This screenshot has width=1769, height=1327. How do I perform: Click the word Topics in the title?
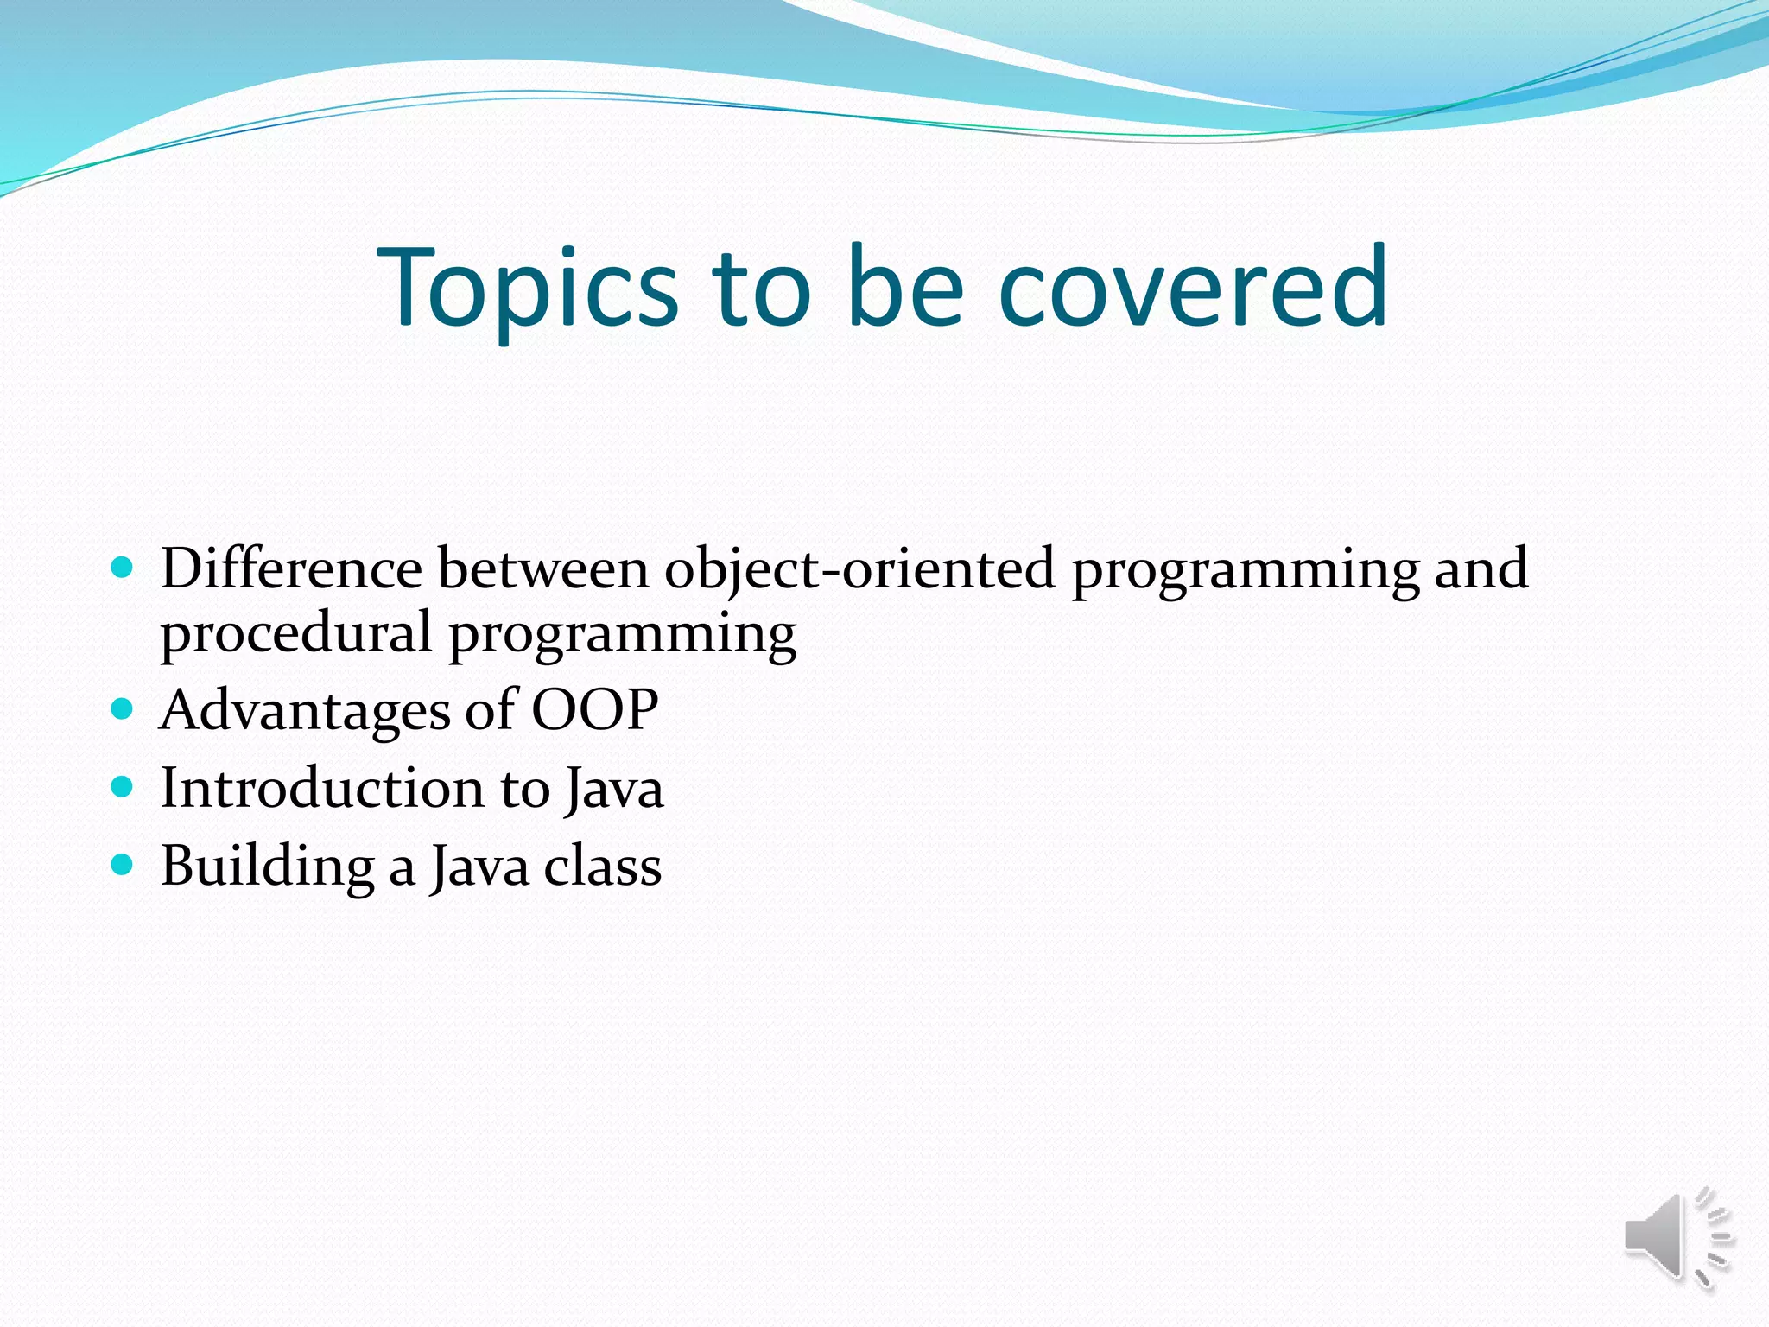click(528, 289)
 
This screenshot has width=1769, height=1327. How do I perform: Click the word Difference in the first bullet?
click(291, 569)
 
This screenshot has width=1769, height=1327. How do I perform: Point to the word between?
click(543, 569)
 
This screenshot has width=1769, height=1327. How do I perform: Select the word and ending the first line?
click(1481, 569)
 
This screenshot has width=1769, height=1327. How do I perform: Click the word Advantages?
click(305, 712)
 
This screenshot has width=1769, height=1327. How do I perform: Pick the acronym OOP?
click(594, 710)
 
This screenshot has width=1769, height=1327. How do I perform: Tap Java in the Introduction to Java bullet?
click(614, 790)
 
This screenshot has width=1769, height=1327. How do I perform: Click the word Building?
click(267, 867)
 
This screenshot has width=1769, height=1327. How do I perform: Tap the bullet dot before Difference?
click(123, 568)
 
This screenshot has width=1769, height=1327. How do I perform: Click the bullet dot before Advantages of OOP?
click(123, 709)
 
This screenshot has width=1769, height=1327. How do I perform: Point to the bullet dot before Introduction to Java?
click(123, 787)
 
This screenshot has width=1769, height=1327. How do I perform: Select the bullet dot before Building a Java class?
click(123, 864)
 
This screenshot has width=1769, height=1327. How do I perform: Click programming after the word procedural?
click(622, 635)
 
